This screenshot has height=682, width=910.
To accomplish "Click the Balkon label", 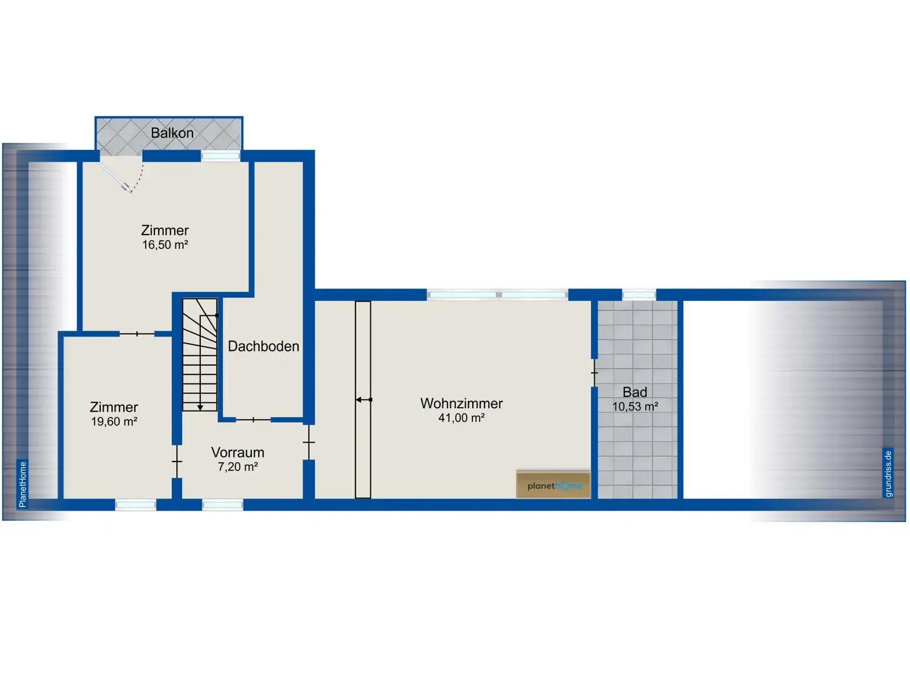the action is [172, 133].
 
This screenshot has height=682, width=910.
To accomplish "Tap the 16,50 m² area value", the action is [165, 245].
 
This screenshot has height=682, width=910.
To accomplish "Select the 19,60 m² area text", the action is [114, 421].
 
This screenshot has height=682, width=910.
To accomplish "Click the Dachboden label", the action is [263, 346].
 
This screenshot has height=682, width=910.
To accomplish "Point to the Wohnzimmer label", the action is [462, 404].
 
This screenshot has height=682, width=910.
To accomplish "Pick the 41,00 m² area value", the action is [462, 418].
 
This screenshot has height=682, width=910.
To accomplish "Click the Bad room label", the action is [635, 392].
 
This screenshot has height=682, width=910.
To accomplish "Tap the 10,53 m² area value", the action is [635, 406].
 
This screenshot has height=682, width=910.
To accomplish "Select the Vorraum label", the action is [238, 452].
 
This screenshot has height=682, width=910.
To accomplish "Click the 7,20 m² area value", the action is [238, 466].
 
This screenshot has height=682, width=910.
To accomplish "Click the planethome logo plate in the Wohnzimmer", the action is [553, 485].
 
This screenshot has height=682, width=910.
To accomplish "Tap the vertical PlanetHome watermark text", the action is [23, 484].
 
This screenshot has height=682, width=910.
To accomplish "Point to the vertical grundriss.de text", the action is [887, 473].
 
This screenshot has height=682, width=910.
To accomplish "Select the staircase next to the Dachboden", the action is [200, 355].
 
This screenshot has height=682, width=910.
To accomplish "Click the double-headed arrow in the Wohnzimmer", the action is [364, 400].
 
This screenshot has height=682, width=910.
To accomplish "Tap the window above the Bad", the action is [639, 294].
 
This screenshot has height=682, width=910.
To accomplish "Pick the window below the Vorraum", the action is [223, 505].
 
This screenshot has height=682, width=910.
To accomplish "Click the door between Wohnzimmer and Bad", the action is [594, 373].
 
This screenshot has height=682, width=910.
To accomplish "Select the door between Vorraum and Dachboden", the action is [254, 420].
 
